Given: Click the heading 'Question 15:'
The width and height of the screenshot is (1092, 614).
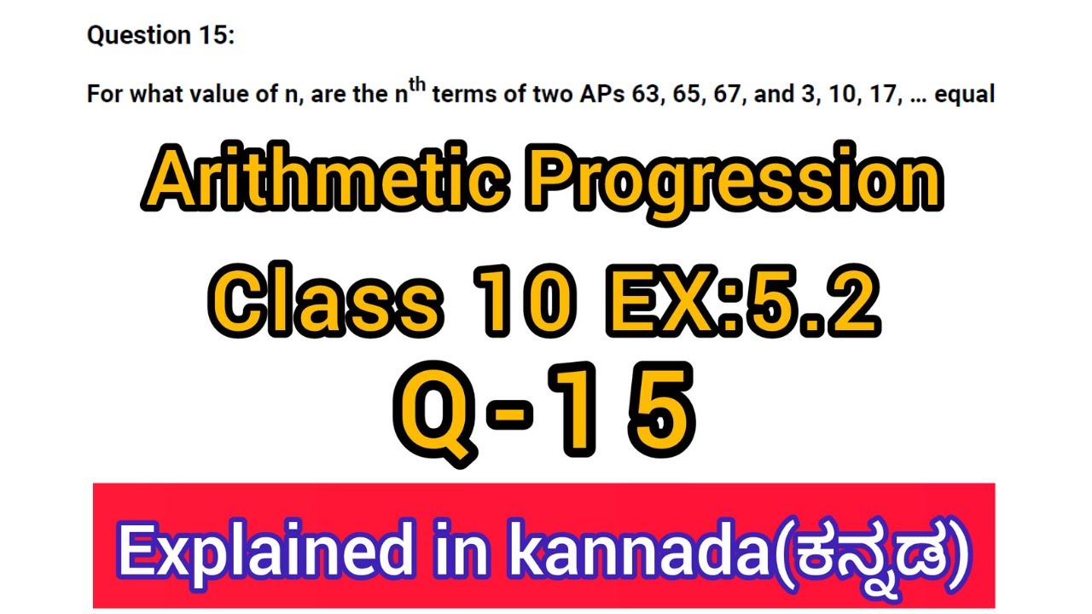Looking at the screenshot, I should click(160, 36).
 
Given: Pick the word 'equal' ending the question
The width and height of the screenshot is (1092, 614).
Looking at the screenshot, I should click(965, 95).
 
